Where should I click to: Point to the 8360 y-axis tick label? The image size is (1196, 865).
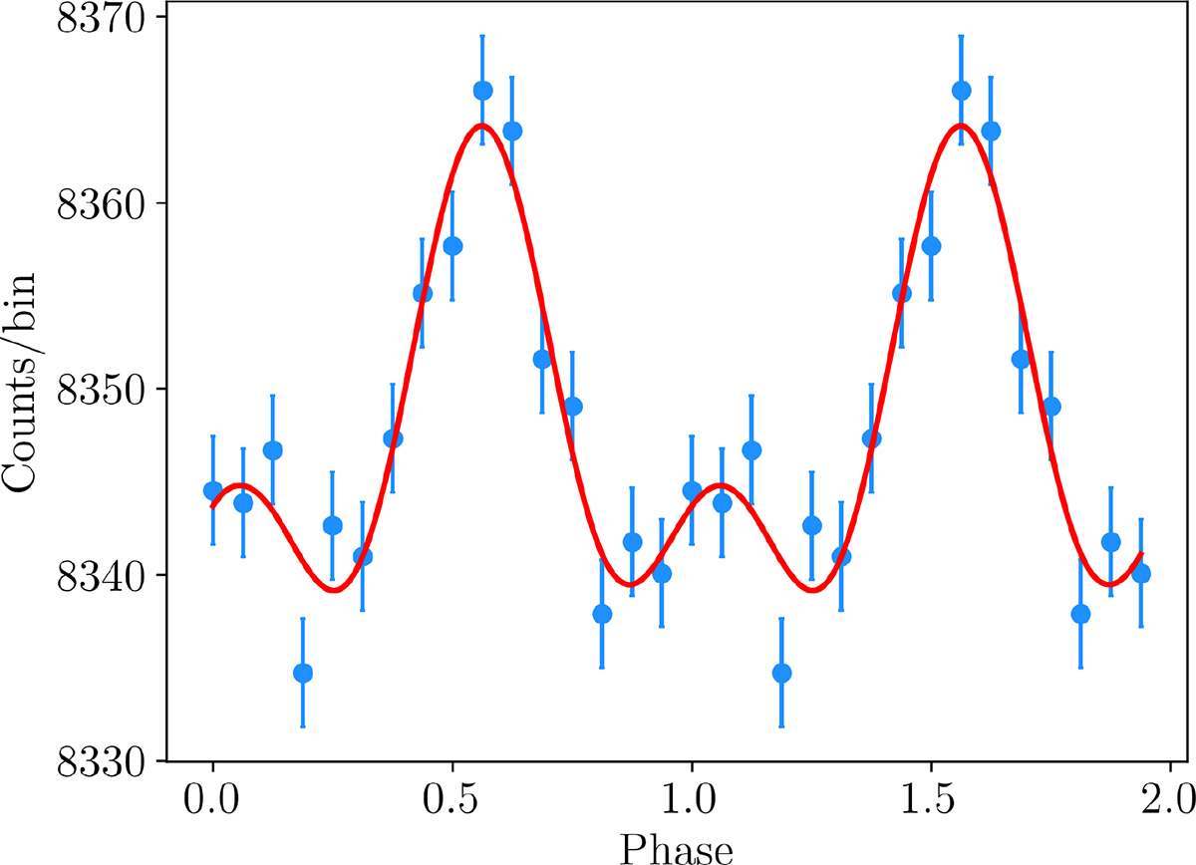coord(101,203)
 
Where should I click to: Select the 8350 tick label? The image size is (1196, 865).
coord(101,389)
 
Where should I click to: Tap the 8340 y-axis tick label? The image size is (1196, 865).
coord(101,575)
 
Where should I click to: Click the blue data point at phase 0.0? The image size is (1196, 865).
coord(212,490)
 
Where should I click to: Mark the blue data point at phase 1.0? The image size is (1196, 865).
coord(692,490)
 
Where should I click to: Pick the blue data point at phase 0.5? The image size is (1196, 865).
coord(452,246)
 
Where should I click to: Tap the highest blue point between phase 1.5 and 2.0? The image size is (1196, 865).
coord(961,91)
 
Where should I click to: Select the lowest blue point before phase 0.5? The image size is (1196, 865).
coord(302,673)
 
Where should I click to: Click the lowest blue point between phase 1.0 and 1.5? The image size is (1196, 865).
coord(781,673)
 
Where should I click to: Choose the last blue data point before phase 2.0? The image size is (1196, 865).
coord(1141,573)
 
